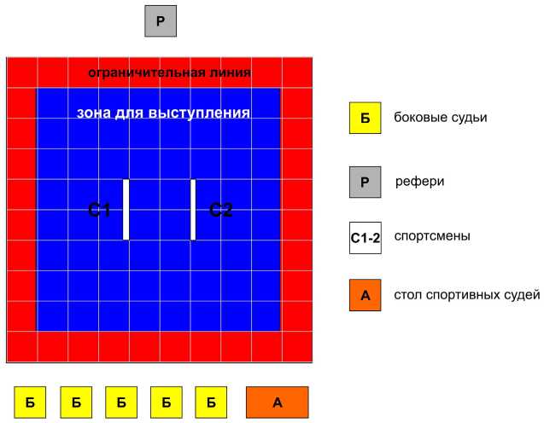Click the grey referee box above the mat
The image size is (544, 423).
161,21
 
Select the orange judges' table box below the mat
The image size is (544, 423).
278,403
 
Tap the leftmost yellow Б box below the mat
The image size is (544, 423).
30,403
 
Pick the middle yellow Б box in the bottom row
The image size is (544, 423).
121,403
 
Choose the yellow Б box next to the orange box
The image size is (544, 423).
211,403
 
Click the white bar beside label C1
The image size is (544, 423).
126,209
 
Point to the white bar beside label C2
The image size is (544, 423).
193,209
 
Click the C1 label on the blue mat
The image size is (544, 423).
99,210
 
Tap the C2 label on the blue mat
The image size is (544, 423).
220,210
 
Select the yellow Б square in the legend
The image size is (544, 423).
365,118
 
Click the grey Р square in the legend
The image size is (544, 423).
365,182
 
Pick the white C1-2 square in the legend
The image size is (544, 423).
366,238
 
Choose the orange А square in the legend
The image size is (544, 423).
365,295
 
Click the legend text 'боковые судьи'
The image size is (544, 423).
441,118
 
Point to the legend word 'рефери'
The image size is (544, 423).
420,182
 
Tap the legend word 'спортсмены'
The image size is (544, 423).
432,236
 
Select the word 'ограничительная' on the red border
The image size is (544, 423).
142,73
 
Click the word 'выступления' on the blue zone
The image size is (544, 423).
199,113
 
